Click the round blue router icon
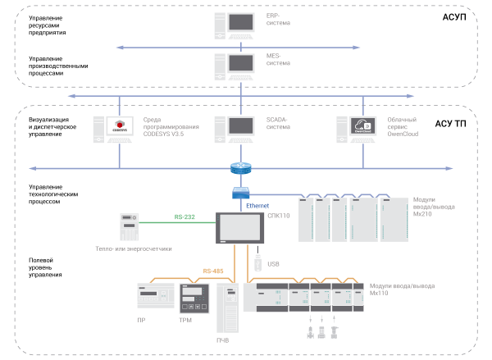coord(241,169)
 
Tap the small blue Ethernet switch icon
coord(241,193)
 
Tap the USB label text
coord(274,264)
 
